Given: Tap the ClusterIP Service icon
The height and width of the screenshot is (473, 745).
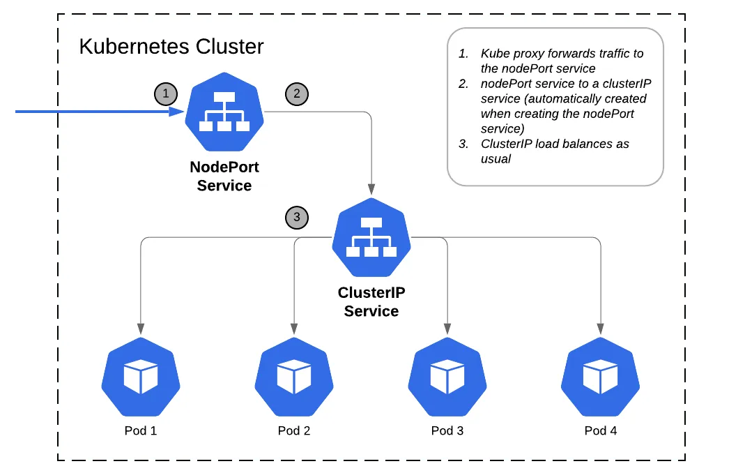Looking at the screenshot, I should pyautogui.click(x=371, y=238).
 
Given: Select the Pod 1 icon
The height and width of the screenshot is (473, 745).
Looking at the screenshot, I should pyautogui.click(x=141, y=377).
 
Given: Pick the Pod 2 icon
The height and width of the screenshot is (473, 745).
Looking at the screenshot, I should pyautogui.click(x=294, y=377).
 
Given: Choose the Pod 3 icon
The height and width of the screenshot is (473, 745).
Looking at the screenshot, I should pyautogui.click(x=447, y=377).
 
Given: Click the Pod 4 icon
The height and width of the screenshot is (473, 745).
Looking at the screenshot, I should pyautogui.click(x=601, y=377).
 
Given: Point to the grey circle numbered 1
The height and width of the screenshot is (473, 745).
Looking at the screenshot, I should pyautogui.click(x=165, y=93).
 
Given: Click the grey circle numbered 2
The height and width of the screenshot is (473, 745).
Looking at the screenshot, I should pyautogui.click(x=296, y=93).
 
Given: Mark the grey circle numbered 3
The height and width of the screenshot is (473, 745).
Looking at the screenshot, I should pyautogui.click(x=297, y=217).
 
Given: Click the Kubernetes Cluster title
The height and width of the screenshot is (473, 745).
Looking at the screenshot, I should pyautogui.click(x=171, y=47).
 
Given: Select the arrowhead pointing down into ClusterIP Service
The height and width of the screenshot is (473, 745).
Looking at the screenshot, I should pyautogui.click(x=371, y=190).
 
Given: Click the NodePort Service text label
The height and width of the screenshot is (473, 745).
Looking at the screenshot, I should pyautogui.click(x=224, y=177).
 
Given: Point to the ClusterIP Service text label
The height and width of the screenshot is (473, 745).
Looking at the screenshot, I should pyautogui.click(x=371, y=302).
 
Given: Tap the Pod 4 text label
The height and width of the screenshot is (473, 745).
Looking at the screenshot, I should pyautogui.click(x=601, y=430).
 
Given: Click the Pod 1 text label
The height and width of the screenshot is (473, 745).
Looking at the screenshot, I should pyautogui.click(x=141, y=430).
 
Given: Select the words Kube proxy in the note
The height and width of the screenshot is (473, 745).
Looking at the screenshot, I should pyautogui.click(x=509, y=54).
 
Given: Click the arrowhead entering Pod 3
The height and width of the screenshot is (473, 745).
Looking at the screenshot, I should pyautogui.click(x=447, y=328).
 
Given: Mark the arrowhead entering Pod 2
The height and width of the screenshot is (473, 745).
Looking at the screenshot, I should pyautogui.click(x=294, y=328).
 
